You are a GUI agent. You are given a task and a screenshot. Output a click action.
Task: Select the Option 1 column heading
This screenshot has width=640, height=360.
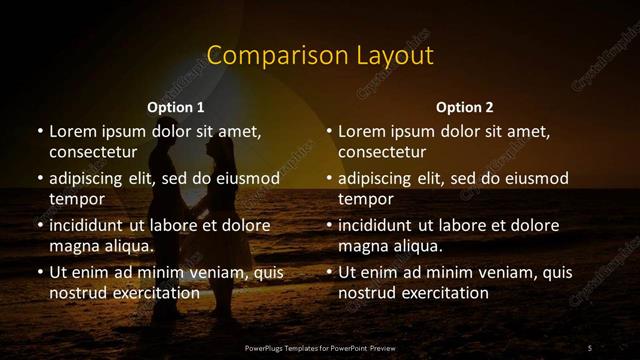pyautogui.click(x=176, y=107)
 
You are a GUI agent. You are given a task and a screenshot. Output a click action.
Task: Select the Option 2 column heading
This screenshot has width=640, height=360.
pyautogui.click(x=465, y=107)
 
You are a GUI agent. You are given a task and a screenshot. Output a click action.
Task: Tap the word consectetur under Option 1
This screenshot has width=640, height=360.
pyautogui.click(x=92, y=152)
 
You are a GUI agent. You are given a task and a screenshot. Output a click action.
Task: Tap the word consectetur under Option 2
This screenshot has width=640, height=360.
pyautogui.click(x=382, y=152)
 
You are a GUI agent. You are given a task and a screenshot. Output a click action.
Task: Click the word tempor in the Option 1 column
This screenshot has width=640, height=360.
pyautogui.click(x=73, y=198)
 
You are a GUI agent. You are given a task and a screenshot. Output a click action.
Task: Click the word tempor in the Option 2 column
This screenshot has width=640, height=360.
pyautogui.click(x=363, y=198)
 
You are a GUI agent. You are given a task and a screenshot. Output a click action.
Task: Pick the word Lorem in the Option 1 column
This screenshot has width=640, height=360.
pyautogui.click(x=71, y=131)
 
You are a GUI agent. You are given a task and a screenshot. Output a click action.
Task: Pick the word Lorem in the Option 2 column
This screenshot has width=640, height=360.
pyautogui.click(x=361, y=131)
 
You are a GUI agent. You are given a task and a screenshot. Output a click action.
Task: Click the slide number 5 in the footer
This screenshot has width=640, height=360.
pyautogui.click(x=590, y=347)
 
